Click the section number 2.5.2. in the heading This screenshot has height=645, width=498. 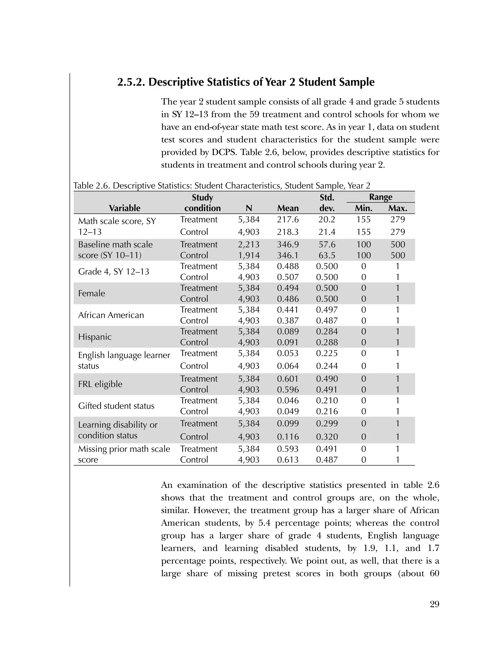click(x=131, y=82)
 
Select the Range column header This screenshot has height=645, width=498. click(x=381, y=197)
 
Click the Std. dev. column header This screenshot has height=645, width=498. click(x=327, y=203)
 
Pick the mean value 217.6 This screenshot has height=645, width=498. click(x=288, y=220)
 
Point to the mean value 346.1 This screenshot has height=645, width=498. click(x=288, y=255)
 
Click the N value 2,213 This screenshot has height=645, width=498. click(x=249, y=245)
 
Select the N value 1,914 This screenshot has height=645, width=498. click(x=249, y=255)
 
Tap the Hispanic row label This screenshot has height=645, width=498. click(x=95, y=337)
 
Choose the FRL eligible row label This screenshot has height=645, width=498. click(x=100, y=384)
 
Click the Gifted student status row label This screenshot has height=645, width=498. click(x=116, y=406)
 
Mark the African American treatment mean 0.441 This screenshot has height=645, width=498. click(x=288, y=310)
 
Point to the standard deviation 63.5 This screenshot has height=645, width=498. click(x=327, y=255)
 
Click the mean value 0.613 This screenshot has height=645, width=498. click(x=288, y=460)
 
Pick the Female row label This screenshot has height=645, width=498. click(x=91, y=293)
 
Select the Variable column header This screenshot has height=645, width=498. click(x=124, y=208)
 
